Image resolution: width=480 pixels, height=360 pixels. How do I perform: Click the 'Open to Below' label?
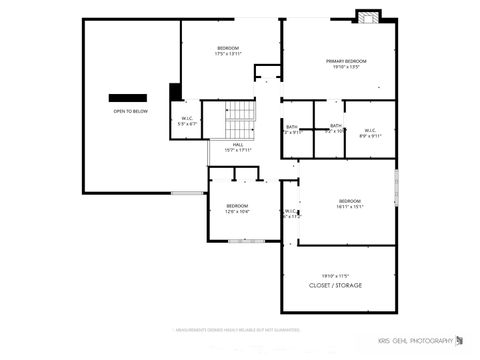point(130,111)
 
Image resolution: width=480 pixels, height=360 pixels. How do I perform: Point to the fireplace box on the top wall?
point(367,16)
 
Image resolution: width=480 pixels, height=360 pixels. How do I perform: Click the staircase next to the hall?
point(240,121)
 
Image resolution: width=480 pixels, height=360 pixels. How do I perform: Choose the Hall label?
point(238,144)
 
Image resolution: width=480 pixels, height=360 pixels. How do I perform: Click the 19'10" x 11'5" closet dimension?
point(334,275)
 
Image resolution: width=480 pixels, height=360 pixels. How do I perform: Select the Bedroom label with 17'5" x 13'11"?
point(228,48)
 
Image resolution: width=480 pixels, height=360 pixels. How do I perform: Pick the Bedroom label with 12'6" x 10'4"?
point(237,205)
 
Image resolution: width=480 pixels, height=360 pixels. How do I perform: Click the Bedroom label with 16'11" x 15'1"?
point(349,201)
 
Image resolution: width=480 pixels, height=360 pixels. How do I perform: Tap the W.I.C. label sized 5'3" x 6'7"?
point(187,119)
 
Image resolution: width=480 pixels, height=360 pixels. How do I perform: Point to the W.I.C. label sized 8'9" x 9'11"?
point(369,130)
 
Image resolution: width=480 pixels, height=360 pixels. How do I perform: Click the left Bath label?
point(292,127)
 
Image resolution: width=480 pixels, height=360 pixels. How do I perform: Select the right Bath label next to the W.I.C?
point(336,125)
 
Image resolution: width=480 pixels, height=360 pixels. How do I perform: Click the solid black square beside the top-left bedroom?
point(175,92)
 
